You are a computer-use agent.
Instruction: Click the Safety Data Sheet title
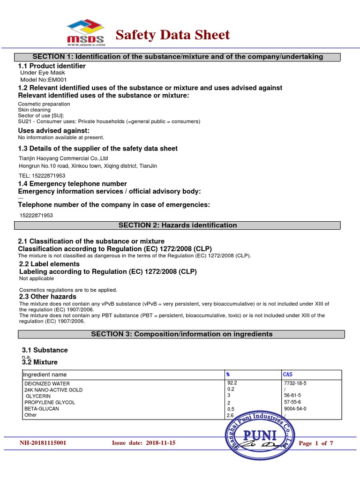pos(172,35)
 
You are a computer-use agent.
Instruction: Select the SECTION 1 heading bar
pos(178,57)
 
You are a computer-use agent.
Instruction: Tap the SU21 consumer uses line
pos(109,121)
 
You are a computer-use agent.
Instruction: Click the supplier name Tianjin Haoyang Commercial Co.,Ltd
pos(63,158)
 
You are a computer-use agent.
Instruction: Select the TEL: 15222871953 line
pos(36,175)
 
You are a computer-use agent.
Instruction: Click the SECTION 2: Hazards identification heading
pos(178,225)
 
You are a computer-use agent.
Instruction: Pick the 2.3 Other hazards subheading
pos(47,297)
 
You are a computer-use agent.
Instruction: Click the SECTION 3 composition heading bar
pos(181,334)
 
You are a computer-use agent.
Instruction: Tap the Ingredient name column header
pos(45,375)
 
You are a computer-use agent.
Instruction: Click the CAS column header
pos(288,375)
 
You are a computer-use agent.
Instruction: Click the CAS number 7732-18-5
pos(295,383)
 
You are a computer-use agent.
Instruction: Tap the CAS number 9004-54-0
pos(295,408)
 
